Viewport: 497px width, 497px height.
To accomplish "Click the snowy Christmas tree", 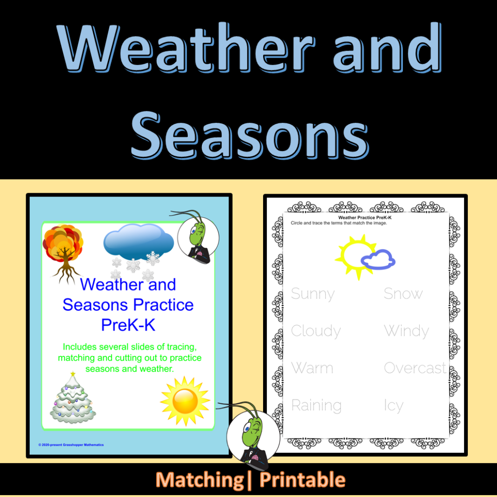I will pos(73,398).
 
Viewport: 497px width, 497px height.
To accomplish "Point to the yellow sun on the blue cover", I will pos(185,401).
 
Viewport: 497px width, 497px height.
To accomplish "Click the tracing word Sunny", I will pos(313,294).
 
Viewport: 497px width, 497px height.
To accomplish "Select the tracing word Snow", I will pos(403,293).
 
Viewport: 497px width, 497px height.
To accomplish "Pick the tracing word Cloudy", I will pos(316,331).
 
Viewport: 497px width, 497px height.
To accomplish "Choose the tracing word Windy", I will pos(407,331).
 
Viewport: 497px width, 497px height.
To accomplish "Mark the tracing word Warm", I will pos(312,368).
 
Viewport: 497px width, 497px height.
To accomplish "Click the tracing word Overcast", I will pos(415,368).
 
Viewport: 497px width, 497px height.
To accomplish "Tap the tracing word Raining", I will pos(316,405).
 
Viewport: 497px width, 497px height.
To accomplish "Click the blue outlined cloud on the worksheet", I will pos(378,260).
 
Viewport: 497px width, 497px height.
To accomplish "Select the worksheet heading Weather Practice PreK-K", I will pos(365,218).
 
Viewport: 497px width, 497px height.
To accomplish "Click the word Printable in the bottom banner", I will pos(302,480).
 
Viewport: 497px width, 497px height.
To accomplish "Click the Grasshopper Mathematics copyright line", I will pos(71,445).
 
